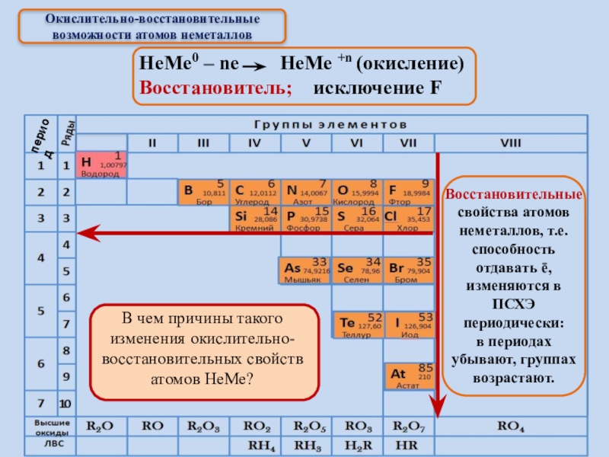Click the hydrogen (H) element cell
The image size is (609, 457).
100,165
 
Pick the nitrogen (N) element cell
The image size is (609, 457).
306,193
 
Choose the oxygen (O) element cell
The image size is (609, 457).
357,193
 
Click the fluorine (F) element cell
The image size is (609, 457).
409,193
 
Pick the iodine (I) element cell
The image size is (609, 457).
409,324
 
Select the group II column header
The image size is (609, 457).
151,142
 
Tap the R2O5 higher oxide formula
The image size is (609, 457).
306,427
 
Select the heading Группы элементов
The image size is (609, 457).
332,123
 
